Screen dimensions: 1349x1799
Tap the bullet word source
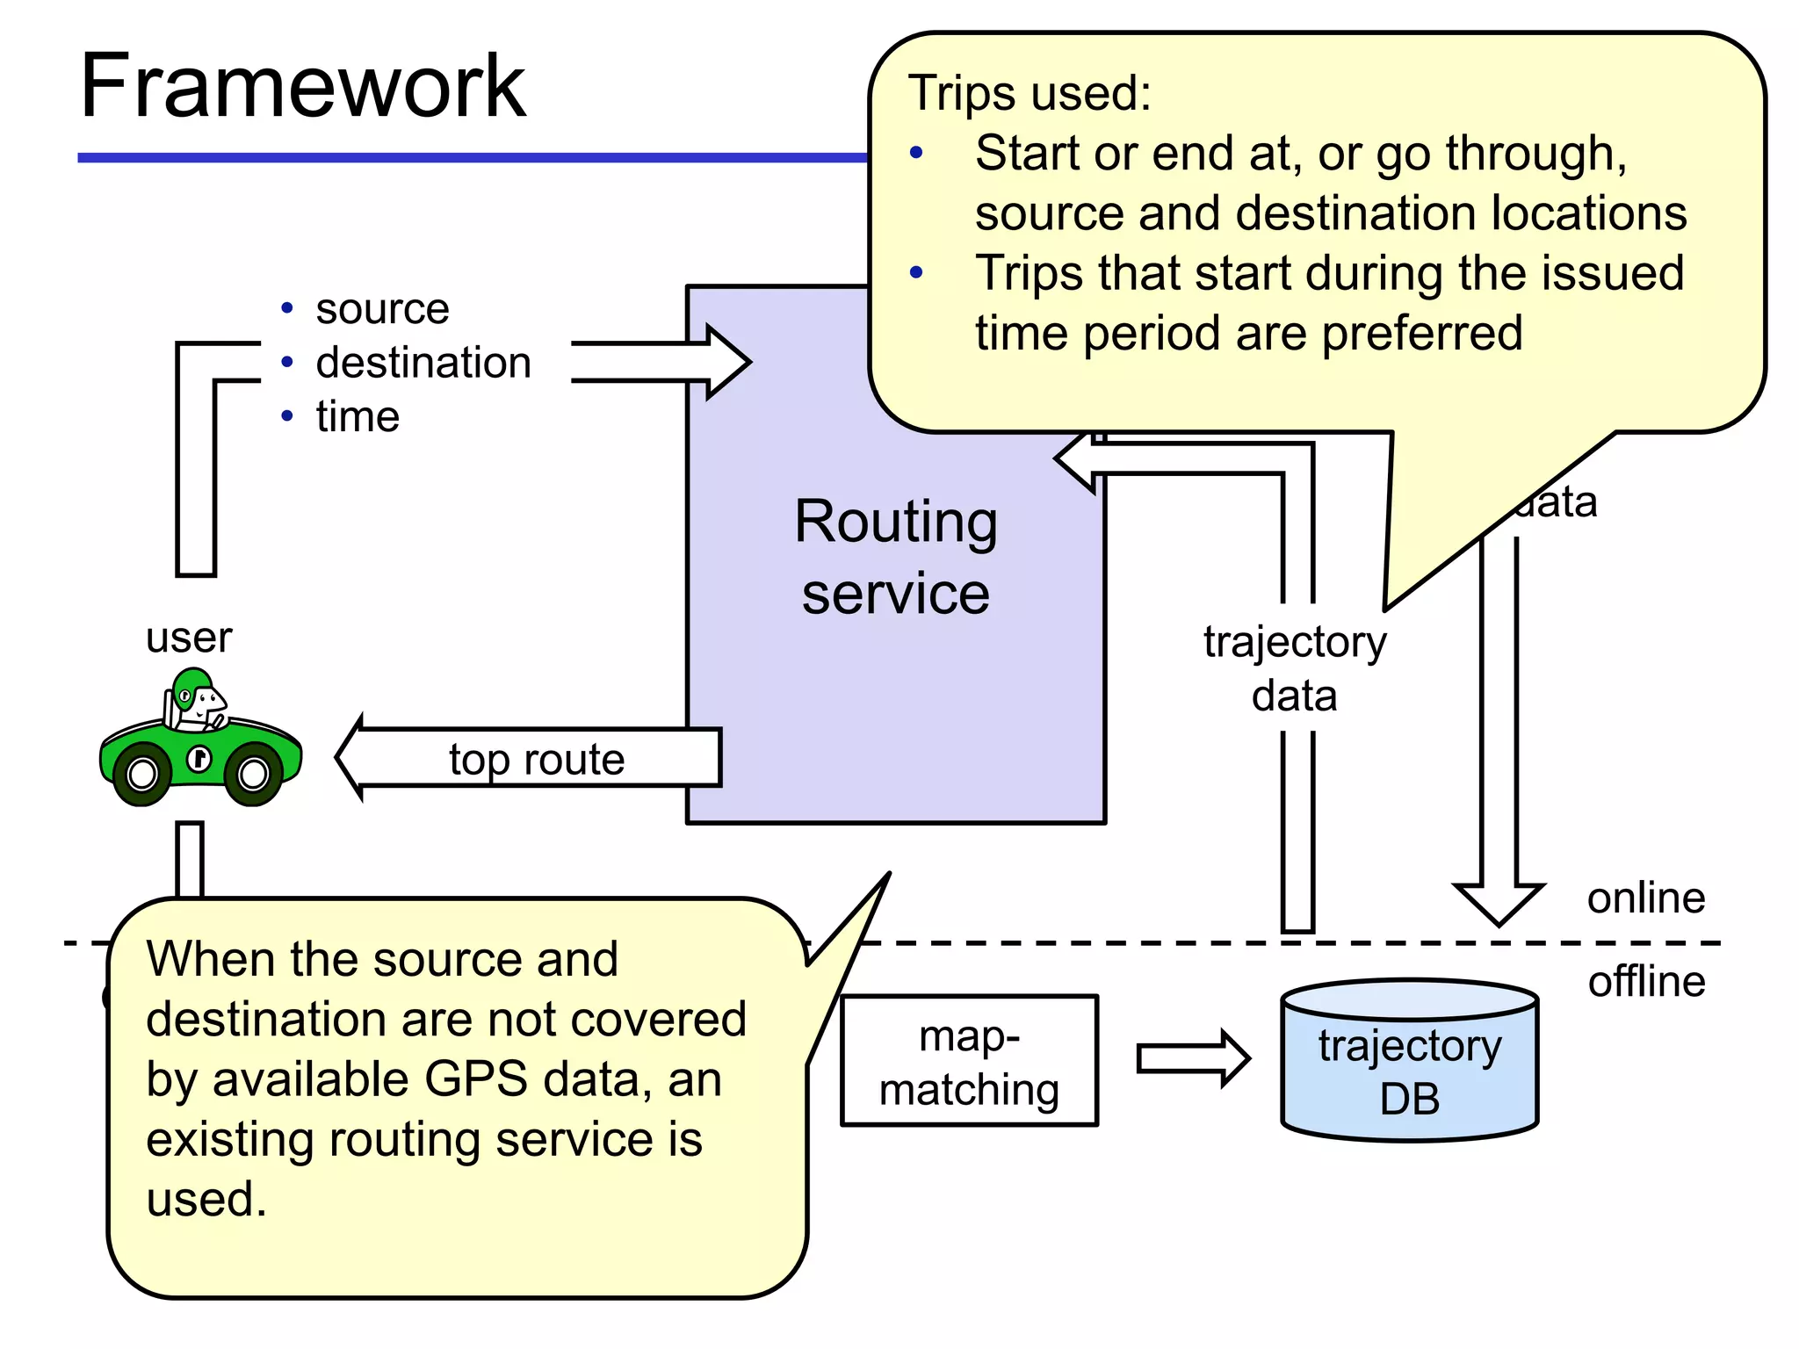coord(382,308)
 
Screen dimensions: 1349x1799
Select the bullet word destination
coord(423,363)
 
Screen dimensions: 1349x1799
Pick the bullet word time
coord(358,416)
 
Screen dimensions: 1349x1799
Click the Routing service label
coord(895,557)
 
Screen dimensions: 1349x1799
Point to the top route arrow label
coord(537,759)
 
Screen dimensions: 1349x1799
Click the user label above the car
coord(189,637)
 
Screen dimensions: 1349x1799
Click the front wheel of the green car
coord(254,774)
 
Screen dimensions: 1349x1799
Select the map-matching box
coord(969,1061)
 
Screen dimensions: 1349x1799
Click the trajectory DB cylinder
coord(1409,1063)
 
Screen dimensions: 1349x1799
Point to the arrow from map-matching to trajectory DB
coord(1192,1059)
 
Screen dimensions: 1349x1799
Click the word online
coord(1645,898)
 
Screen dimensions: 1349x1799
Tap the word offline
coord(1646,981)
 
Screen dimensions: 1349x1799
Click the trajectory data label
coord(1294,668)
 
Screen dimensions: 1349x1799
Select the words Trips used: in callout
coord(1029,93)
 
